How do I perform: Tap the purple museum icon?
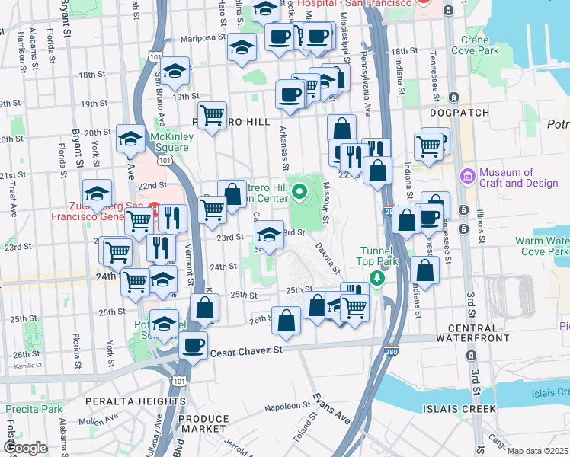coord(467,177)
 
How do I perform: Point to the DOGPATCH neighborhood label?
coord(457,112)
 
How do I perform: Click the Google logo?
coord(25,448)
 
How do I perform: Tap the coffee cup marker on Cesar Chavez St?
coord(192,347)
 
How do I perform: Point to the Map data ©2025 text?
coord(538,451)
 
